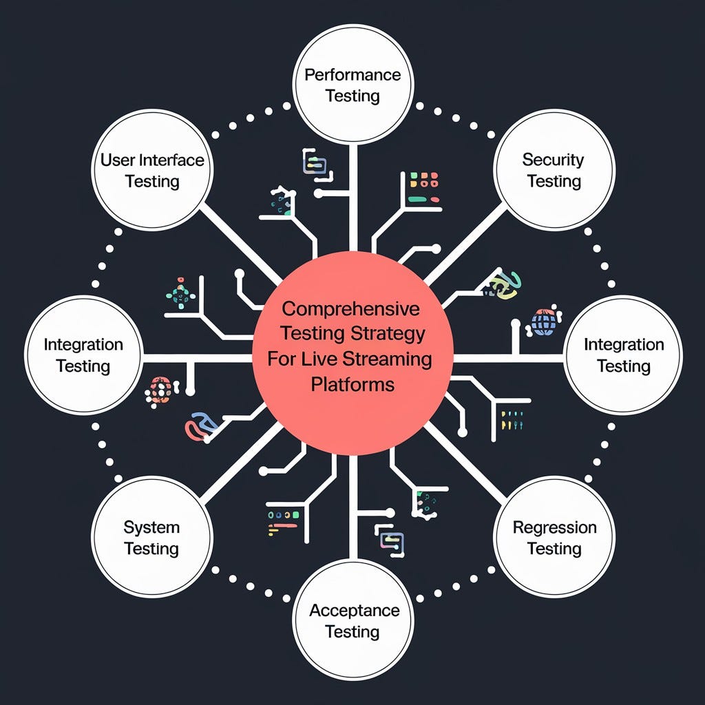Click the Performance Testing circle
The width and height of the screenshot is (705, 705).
click(x=352, y=85)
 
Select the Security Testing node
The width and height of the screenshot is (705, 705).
click(x=554, y=170)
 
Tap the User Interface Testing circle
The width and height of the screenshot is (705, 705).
click(x=151, y=170)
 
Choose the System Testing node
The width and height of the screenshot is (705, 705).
click(x=151, y=538)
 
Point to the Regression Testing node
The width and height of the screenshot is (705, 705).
click(x=554, y=538)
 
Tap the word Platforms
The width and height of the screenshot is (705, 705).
click(x=352, y=384)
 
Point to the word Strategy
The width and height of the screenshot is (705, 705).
click(x=395, y=333)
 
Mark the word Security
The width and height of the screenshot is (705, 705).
click(x=553, y=160)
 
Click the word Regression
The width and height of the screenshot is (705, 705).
click(x=554, y=527)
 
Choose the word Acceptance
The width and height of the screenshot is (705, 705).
click(x=354, y=610)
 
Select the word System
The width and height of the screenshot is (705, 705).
click(x=151, y=527)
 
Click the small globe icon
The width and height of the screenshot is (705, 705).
click(x=543, y=322)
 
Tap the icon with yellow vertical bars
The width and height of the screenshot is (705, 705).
click(x=512, y=420)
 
